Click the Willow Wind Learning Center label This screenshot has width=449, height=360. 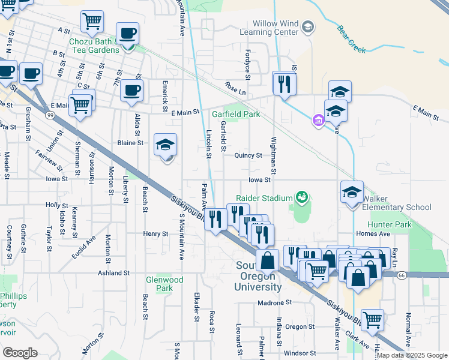pos(268,27)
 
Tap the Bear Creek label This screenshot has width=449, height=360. pos(351,38)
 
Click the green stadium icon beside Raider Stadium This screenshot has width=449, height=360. pos(302,197)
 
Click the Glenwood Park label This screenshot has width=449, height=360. pos(164,284)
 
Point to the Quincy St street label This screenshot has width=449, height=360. pos(249,155)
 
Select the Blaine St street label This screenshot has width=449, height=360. pos(131,143)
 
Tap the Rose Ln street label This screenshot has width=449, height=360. pos(235,88)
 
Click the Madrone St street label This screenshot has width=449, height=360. pos(274,303)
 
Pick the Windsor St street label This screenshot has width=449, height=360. pos(300,353)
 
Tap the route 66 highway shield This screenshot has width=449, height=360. pos(400,274)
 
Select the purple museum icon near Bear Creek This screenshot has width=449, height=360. pos(318,121)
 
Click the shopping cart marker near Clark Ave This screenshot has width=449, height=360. pos(372,320)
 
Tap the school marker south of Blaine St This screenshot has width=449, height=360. pos(166,145)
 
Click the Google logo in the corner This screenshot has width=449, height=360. pos(20,353)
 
